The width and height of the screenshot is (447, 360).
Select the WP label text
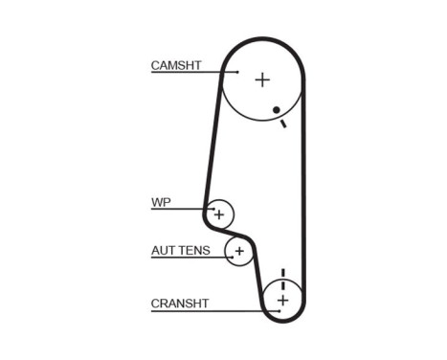[x=160, y=203]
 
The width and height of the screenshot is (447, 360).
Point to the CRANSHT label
[x=179, y=304]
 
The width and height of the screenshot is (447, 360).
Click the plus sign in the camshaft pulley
[x=262, y=80]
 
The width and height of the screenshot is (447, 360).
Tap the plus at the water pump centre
[x=220, y=214]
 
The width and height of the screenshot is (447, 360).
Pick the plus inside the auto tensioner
[x=239, y=253]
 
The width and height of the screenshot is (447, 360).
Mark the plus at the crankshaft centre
[x=282, y=301]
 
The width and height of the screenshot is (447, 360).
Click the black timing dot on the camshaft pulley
[x=276, y=110]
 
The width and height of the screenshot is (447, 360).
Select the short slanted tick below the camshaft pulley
[x=283, y=124]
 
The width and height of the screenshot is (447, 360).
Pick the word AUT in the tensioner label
[x=162, y=251]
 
